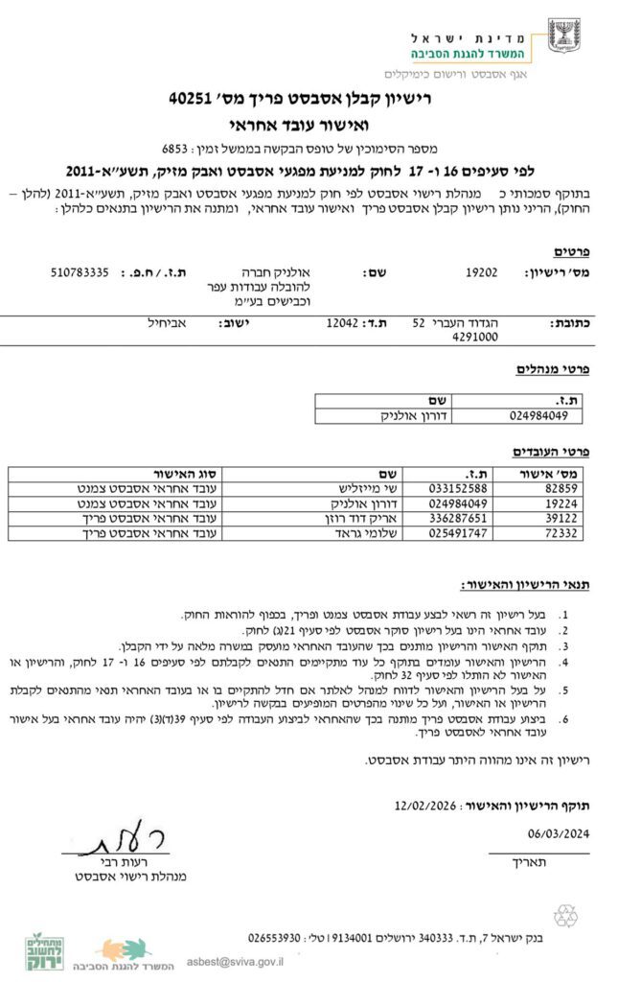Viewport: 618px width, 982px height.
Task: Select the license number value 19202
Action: [481, 272]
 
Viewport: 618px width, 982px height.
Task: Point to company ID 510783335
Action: [80, 272]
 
